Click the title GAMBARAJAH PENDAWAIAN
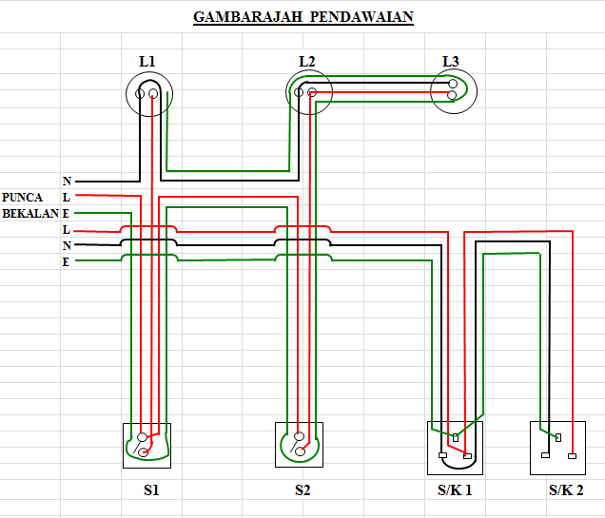(303, 17)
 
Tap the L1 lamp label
(147, 62)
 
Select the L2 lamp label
(306, 62)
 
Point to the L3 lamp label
(451, 62)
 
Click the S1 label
(151, 491)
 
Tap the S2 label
(302, 491)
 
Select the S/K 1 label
(455, 491)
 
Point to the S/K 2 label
(565, 491)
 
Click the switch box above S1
(146, 445)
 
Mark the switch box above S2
(300, 445)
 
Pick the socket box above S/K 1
(455, 447)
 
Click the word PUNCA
(22, 197)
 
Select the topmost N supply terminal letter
(67, 181)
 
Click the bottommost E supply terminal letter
(66, 261)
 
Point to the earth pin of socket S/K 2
(558, 437)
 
